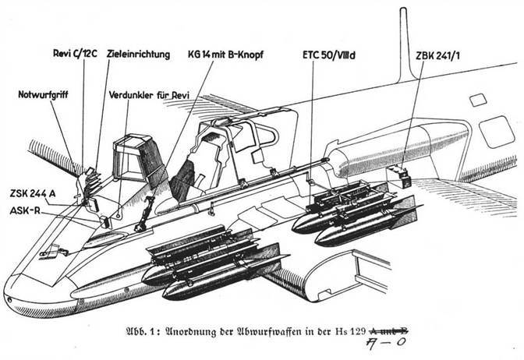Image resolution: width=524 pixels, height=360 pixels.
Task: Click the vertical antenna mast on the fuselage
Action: click(x=404, y=47)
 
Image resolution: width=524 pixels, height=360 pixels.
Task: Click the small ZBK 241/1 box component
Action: click(x=403, y=176)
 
